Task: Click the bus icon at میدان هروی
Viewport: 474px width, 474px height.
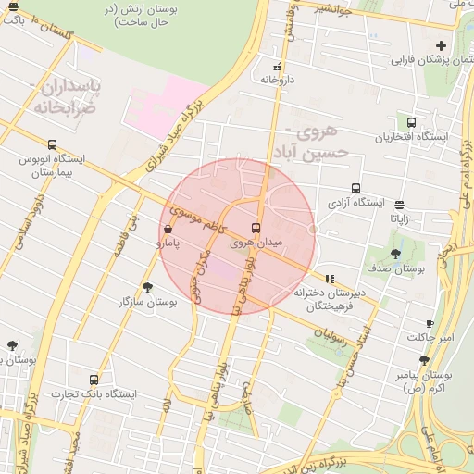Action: [x=256, y=228]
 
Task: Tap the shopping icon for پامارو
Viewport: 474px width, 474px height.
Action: [x=167, y=229]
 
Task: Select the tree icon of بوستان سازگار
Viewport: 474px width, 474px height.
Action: [x=147, y=287]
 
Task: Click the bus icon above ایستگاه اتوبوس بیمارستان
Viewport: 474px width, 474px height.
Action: [x=52, y=144]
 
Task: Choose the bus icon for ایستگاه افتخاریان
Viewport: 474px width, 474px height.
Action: [x=411, y=122]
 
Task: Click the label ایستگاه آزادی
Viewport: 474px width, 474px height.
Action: [x=357, y=202]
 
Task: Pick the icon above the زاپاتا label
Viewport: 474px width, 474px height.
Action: [x=399, y=206]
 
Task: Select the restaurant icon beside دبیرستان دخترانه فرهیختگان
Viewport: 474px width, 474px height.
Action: [x=330, y=279]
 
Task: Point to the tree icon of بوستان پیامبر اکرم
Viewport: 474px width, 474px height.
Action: [x=425, y=361]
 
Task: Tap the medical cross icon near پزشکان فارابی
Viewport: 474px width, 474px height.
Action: [x=442, y=45]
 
